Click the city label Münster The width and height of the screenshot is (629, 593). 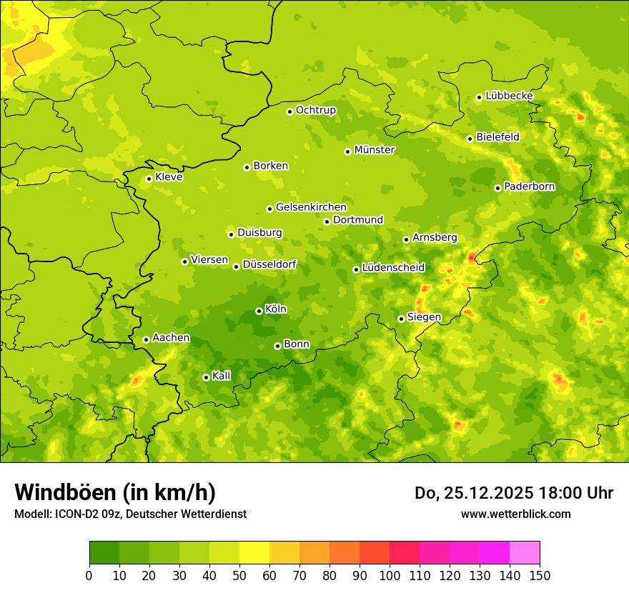(375, 150)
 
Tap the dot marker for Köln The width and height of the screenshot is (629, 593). (259, 311)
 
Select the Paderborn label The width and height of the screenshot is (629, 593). (530, 186)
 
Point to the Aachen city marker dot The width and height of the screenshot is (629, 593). (146, 339)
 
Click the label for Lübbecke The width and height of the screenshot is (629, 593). (510, 96)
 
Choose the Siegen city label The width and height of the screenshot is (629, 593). (425, 317)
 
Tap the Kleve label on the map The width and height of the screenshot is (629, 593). (169, 177)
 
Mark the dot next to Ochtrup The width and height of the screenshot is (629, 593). (289, 111)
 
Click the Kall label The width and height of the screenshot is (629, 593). (222, 376)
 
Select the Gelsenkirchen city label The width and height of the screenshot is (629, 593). (311, 207)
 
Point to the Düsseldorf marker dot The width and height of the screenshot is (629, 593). (236, 266)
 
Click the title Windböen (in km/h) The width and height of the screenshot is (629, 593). (115, 492)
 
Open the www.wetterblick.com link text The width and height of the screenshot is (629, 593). (516, 514)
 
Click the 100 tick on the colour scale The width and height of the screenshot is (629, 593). (390, 575)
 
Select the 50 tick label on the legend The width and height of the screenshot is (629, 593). (239, 575)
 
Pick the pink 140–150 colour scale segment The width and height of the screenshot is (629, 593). (525, 553)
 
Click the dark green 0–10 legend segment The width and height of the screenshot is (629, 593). (104, 553)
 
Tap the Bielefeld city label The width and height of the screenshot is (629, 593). (498, 136)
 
